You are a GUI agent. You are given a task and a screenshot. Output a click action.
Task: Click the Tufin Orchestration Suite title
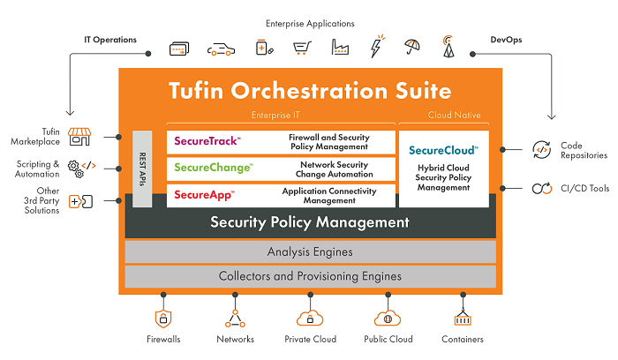[311, 92]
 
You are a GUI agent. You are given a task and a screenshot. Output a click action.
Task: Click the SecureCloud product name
[444, 150]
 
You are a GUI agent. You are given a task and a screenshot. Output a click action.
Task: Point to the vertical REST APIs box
[142, 168]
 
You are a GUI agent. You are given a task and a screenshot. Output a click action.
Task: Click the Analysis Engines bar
[310, 252]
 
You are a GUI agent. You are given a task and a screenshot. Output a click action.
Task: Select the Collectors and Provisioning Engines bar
[310, 276]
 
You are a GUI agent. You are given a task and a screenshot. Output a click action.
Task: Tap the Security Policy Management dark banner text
[310, 222]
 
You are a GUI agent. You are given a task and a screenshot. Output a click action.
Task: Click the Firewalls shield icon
[162, 319]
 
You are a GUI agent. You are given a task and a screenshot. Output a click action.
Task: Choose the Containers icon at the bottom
[462, 319]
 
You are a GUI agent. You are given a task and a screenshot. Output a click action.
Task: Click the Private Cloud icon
[308, 319]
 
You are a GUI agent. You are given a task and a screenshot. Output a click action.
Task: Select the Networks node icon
[235, 319]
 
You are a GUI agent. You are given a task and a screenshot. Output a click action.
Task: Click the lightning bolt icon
[377, 46]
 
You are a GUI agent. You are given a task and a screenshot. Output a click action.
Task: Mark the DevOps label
[507, 40]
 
